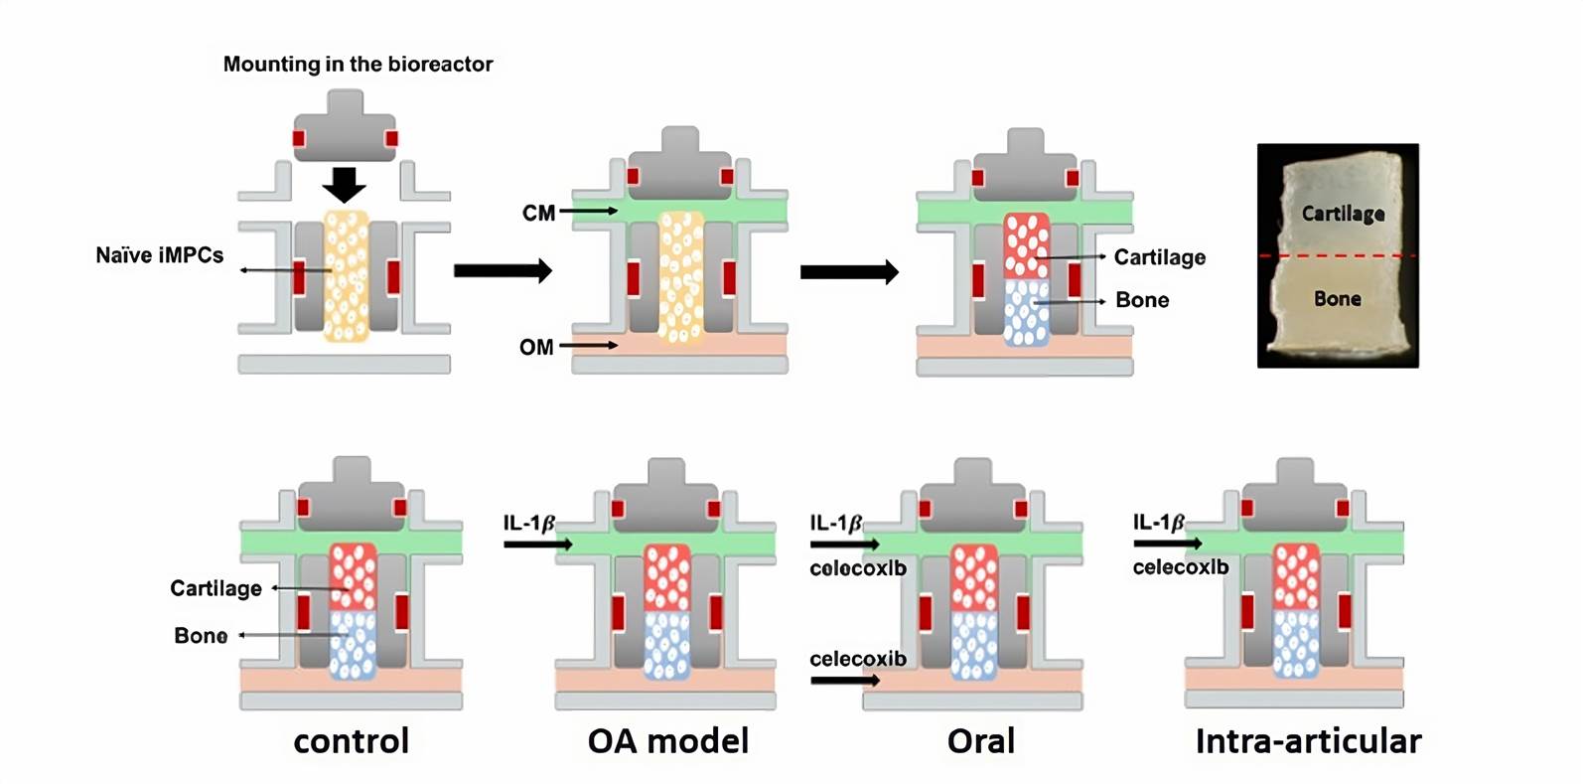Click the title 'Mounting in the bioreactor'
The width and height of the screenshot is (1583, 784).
pyautogui.click(x=358, y=65)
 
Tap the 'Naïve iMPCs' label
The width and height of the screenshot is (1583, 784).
pyautogui.click(x=159, y=255)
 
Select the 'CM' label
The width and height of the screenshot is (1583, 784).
pyautogui.click(x=538, y=213)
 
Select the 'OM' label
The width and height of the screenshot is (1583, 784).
pyautogui.click(x=536, y=347)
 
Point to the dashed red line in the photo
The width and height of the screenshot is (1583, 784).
pyautogui.click(x=1338, y=256)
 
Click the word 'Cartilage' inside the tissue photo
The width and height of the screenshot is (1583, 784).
pyautogui.click(x=1343, y=214)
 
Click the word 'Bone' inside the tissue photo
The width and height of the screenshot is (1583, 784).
pyautogui.click(x=1337, y=298)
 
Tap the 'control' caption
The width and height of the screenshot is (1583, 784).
pyautogui.click(x=352, y=741)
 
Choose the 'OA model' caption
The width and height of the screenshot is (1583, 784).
pyautogui.click(x=667, y=741)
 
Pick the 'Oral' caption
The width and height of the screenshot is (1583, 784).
pyautogui.click(x=980, y=741)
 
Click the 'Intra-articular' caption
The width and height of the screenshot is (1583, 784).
pyautogui.click(x=1308, y=741)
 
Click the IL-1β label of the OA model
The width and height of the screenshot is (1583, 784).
pyautogui.click(x=528, y=523)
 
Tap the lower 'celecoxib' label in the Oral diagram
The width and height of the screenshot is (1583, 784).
pyautogui.click(x=857, y=659)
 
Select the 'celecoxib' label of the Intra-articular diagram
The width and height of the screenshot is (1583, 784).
pyautogui.click(x=1180, y=567)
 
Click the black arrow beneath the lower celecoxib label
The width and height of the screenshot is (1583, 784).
pyautogui.click(x=844, y=681)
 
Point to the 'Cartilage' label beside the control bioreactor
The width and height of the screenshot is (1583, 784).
pyautogui.click(x=216, y=588)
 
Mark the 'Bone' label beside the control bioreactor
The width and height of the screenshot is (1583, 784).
pyautogui.click(x=201, y=636)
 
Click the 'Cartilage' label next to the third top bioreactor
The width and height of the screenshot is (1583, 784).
pyautogui.click(x=1159, y=257)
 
